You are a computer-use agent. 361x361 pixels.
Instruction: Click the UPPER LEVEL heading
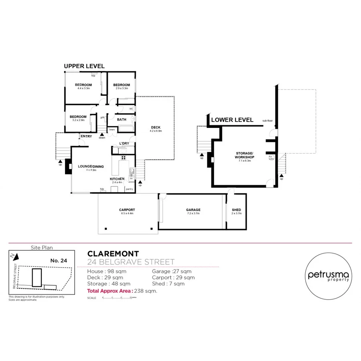click(84, 66)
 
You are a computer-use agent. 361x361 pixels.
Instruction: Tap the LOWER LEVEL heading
click(232, 120)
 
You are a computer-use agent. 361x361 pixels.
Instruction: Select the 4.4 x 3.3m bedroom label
click(84, 86)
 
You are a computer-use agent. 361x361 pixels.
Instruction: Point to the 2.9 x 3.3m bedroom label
click(121, 86)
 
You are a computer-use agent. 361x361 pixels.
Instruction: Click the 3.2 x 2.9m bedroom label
click(78, 118)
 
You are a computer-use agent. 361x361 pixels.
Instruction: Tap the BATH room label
click(122, 120)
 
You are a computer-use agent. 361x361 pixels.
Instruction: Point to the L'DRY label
click(124, 144)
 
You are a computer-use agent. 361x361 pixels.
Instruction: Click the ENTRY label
click(86, 136)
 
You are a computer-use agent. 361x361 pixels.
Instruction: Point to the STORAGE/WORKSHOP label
click(244, 155)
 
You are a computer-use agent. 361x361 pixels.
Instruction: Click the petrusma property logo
click(328, 276)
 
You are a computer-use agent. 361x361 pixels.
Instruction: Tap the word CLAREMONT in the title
click(113, 254)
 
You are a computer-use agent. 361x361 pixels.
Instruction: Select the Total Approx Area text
click(122, 291)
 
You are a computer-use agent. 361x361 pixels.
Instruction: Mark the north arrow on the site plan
click(13, 255)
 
